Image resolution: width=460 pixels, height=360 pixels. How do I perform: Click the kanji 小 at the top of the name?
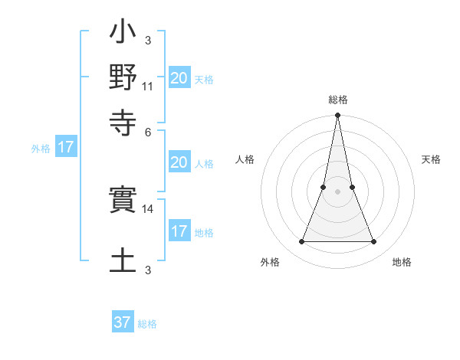point(123,34)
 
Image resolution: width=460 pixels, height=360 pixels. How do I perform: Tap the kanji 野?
point(123,78)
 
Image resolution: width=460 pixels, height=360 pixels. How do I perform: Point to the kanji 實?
point(123,201)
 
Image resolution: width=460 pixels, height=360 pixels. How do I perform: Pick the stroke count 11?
point(147,86)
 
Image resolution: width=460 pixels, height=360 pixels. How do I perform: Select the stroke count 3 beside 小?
point(148,40)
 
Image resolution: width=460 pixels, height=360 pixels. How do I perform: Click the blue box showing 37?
point(123,322)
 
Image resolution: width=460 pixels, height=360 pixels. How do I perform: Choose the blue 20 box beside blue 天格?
point(179,78)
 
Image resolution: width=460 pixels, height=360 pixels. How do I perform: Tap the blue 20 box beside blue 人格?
point(179,163)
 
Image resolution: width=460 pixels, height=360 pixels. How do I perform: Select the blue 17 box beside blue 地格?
point(179,232)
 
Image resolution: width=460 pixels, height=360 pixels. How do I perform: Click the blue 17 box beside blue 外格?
point(66,148)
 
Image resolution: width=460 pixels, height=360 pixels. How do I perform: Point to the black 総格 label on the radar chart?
point(338,100)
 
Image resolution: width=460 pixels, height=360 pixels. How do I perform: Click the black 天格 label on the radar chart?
point(432,159)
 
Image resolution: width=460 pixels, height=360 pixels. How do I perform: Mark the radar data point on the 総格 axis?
point(338,116)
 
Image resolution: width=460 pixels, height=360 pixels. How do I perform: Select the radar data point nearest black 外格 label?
point(302,242)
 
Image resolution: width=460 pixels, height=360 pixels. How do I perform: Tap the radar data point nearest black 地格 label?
point(374,242)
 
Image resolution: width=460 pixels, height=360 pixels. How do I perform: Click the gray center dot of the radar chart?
point(338,191)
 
